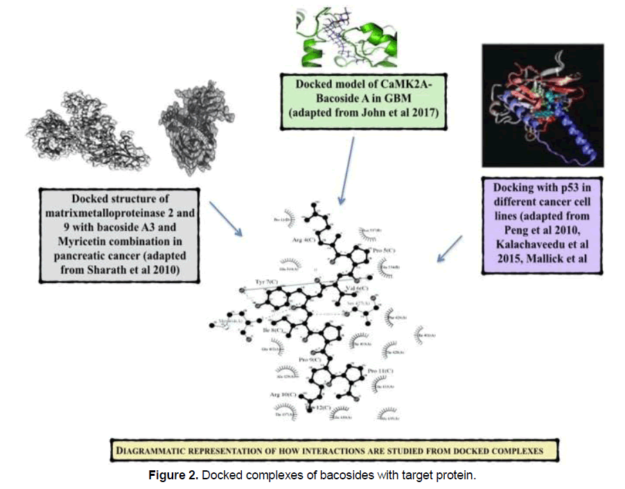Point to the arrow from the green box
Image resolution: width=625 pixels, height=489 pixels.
pos(346,170)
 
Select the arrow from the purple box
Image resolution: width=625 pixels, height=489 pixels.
pos(450,249)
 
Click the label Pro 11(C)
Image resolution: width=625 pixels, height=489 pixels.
pos(380,371)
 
